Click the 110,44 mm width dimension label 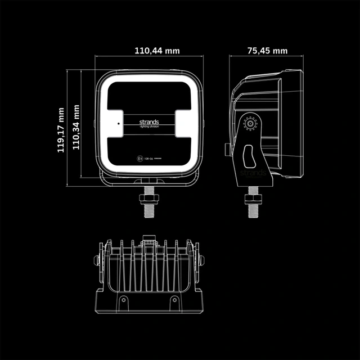pyautogui.click(x=157, y=51)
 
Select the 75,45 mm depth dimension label pyautogui.click(x=268, y=51)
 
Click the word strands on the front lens pyautogui.click(x=149, y=121)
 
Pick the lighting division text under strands pyautogui.click(x=149, y=127)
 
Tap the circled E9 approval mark pyautogui.click(x=139, y=159)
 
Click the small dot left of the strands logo pyautogui.click(x=119, y=123)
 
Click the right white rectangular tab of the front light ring pyautogui.click(x=184, y=123)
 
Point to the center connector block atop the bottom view pyautogui.click(x=148, y=242)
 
